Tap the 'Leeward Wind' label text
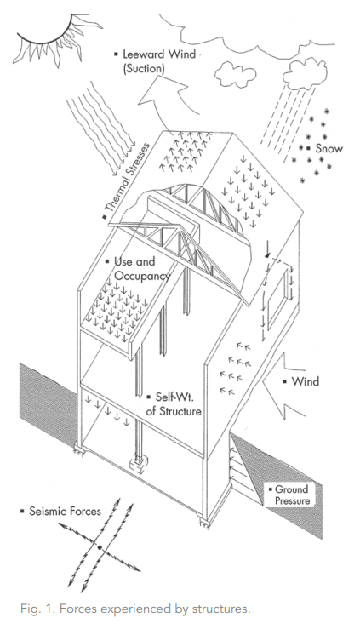tap(159, 54)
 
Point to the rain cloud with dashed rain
tap(305, 74)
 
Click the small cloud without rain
tap(236, 75)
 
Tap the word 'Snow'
tap(329, 148)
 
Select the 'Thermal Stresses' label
tap(127, 179)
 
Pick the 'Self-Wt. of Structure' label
tap(174, 404)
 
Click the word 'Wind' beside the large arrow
tap(306, 381)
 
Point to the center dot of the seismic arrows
tap(99, 546)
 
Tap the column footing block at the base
tap(140, 466)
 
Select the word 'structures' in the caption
tap(221, 609)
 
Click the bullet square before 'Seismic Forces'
tap(22, 511)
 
